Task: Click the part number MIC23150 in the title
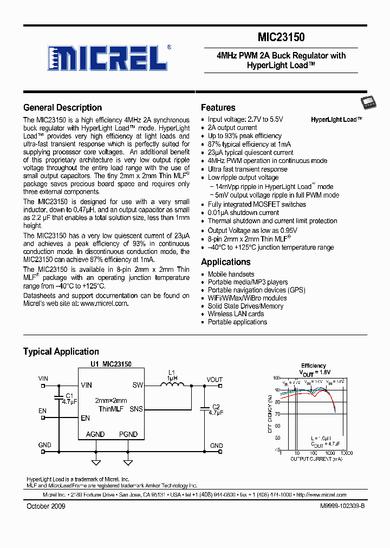(x=281, y=37)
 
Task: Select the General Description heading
(x=62, y=108)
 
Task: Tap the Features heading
(x=218, y=108)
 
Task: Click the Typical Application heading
(x=61, y=352)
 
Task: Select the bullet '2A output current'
(x=232, y=128)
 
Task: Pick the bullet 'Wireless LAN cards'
(x=236, y=314)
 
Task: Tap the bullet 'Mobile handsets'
(x=231, y=274)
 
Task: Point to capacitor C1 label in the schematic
(x=69, y=396)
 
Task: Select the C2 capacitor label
(x=216, y=406)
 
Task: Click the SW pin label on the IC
(x=138, y=386)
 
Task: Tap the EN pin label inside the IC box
(x=85, y=418)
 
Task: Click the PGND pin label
(x=128, y=434)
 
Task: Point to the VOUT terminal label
(x=214, y=379)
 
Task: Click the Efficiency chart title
(x=314, y=366)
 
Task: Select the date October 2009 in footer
(x=45, y=506)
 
